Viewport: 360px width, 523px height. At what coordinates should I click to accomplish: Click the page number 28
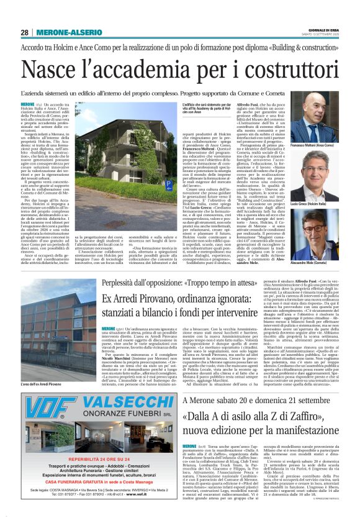tap(25, 32)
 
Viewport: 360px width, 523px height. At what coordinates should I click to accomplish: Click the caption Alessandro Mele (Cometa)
tap(321, 265)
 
